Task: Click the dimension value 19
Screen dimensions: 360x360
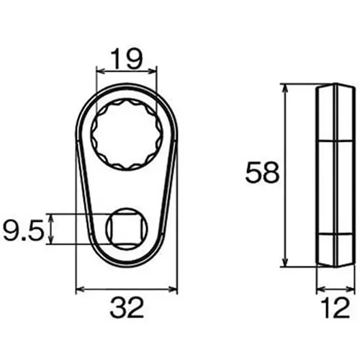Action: click(x=126, y=58)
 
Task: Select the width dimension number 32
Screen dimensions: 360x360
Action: click(x=126, y=310)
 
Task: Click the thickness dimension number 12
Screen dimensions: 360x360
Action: click(x=336, y=310)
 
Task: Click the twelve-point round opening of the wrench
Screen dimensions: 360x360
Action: click(x=126, y=134)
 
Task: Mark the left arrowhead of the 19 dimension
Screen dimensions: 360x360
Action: click(x=99, y=71)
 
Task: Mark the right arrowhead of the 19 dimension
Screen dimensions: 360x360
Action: click(x=153, y=71)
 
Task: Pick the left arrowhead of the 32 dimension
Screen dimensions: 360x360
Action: click(x=80, y=290)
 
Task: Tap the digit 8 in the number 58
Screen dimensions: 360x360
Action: click(x=271, y=174)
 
